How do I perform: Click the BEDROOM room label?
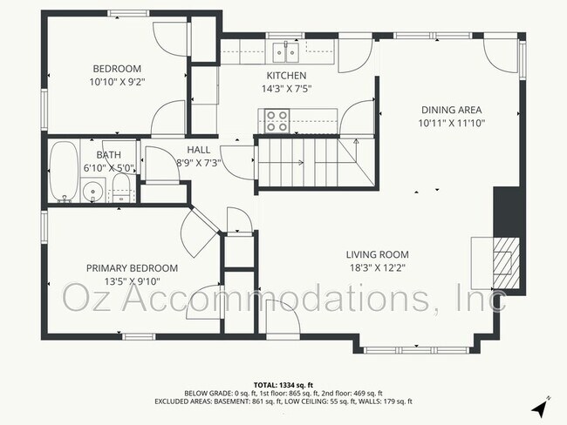tap(117, 69)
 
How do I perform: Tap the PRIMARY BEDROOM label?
tap(132, 268)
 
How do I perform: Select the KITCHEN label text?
tap(286, 76)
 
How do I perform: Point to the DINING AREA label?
tap(451, 110)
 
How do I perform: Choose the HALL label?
tap(199, 149)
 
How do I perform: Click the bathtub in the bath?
tap(64, 172)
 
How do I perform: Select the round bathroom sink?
tap(92, 190)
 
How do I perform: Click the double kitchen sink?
tap(283, 52)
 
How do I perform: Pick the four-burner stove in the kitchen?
tap(277, 120)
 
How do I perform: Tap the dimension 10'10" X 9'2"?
tap(117, 82)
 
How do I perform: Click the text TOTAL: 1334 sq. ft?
tap(283, 384)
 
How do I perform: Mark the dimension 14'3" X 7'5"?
tap(286, 89)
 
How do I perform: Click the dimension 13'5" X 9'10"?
tap(132, 281)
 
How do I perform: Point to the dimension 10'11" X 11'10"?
tap(451, 123)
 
